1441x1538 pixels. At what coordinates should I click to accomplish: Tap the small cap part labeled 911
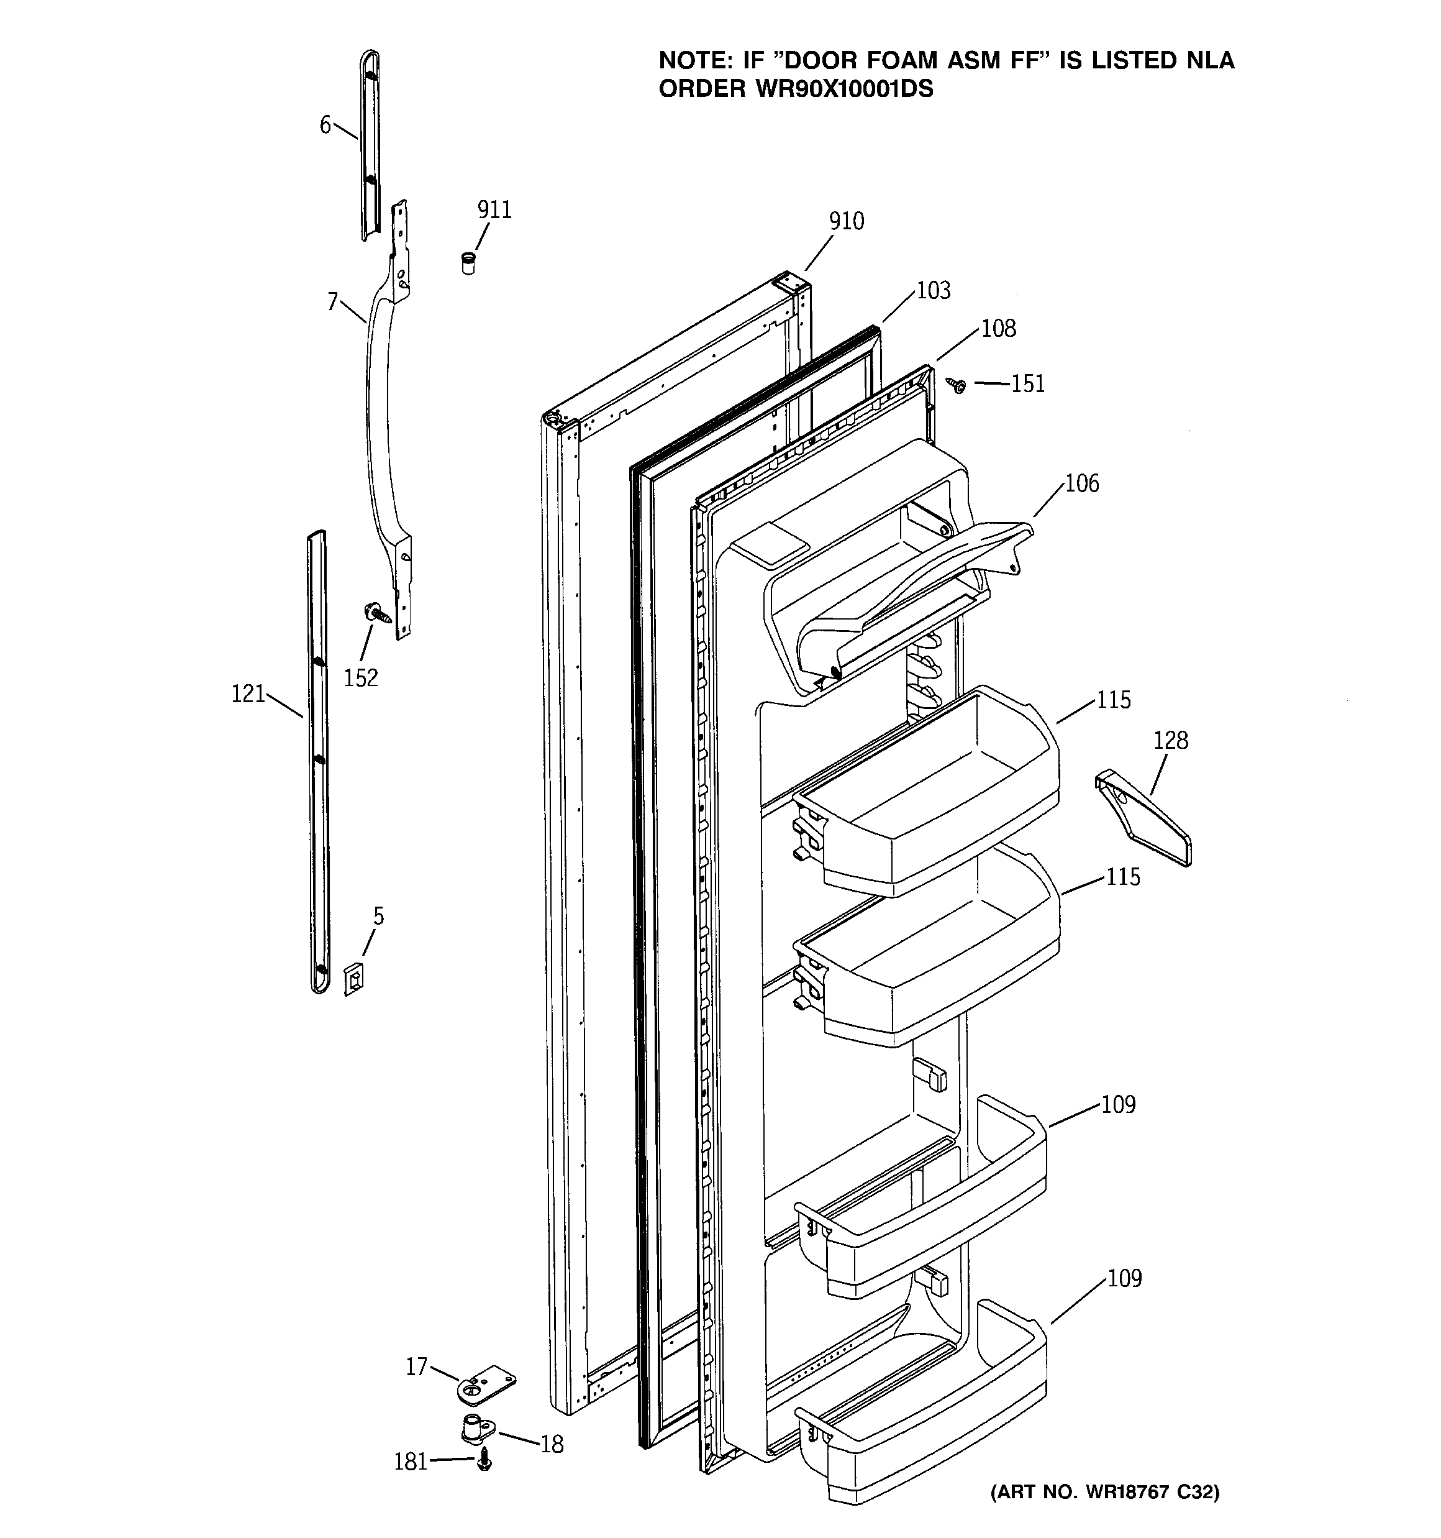(x=468, y=262)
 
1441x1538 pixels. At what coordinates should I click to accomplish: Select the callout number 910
(x=846, y=221)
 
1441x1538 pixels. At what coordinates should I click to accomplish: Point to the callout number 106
(x=1081, y=483)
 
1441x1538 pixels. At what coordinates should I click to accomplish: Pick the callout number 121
(x=248, y=694)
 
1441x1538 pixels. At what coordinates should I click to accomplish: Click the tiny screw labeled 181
(x=483, y=1461)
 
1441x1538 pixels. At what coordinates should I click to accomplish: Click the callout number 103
(x=933, y=291)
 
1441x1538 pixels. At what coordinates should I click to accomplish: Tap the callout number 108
(x=998, y=329)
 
